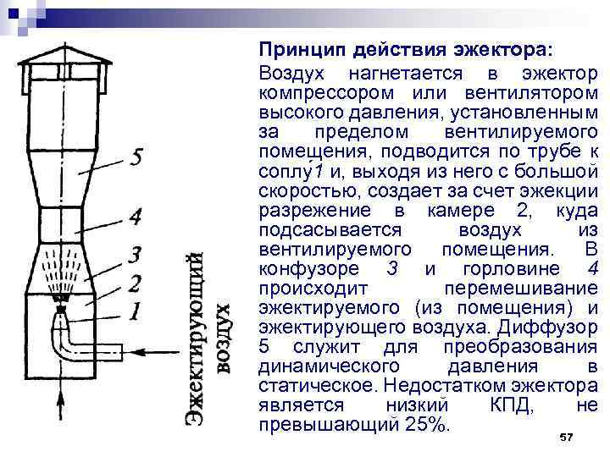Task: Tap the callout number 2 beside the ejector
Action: (133, 282)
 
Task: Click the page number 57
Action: (567, 436)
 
